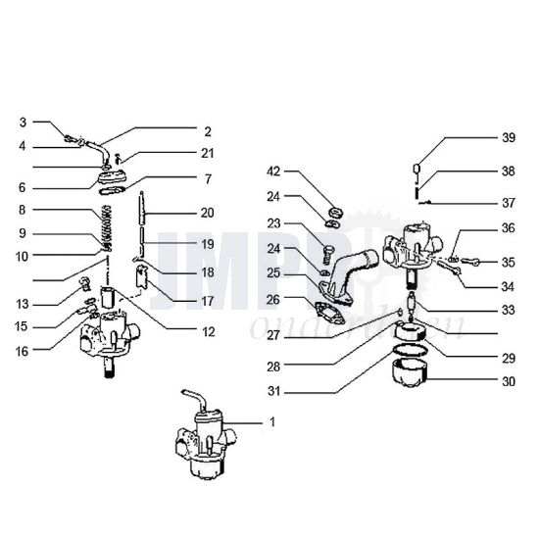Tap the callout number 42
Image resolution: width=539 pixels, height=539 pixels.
coord(273,171)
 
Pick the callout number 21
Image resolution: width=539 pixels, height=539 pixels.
coord(207,153)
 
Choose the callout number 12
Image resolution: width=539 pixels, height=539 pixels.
coord(207,332)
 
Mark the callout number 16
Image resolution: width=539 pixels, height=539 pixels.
coord(23,349)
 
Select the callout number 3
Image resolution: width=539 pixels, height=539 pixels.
coord(23,122)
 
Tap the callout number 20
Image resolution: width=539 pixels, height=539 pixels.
coord(207,213)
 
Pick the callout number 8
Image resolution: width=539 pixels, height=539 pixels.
coord(23,209)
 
